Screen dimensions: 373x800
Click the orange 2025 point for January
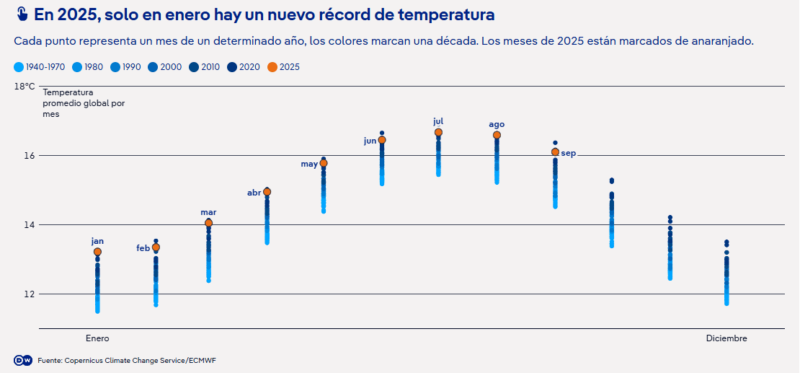(x=97, y=252)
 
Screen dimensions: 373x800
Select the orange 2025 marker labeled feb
(x=156, y=247)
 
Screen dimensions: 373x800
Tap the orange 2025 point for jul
(x=438, y=132)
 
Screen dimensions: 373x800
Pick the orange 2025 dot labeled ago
(x=497, y=135)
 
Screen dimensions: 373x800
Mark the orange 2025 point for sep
(x=555, y=152)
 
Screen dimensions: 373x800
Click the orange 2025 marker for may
(x=324, y=163)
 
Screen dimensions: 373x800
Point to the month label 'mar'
(x=208, y=212)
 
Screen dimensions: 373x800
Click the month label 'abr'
(x=254, y=193)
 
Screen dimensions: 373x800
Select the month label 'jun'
(x=370, y=141)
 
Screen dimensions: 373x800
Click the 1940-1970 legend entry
(x=40, y=67)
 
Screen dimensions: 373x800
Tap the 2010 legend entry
(x=205, y=67)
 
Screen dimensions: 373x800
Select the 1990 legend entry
(x=125, y=67)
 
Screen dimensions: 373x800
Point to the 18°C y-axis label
(x=25, y=87)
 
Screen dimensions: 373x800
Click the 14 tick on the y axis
(x=30, y=225)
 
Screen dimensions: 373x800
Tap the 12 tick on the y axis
(x=30, y=294)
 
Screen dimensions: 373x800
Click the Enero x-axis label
(x=97, y=338)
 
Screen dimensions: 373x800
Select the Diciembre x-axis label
(x=726, y=338)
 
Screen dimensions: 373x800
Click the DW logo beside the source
(x=23, y=360)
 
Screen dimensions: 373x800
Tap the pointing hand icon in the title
(x=22, y=14)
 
